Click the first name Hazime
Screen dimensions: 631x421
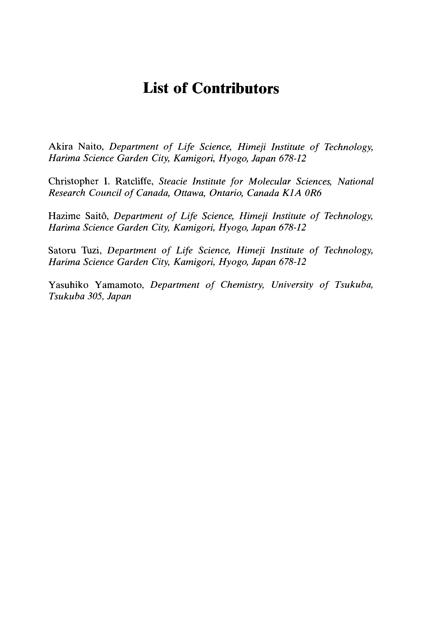coord(64,216)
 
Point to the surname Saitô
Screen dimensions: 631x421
coord(97,216)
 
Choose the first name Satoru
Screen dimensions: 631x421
coord(62,251)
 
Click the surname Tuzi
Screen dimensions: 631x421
coord(91,251)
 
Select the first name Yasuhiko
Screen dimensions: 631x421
coord(68,285)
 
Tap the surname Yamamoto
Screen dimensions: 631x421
coord(120,285)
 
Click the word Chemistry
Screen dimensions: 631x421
coord(243,285)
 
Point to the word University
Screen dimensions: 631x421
coord(292,285)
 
